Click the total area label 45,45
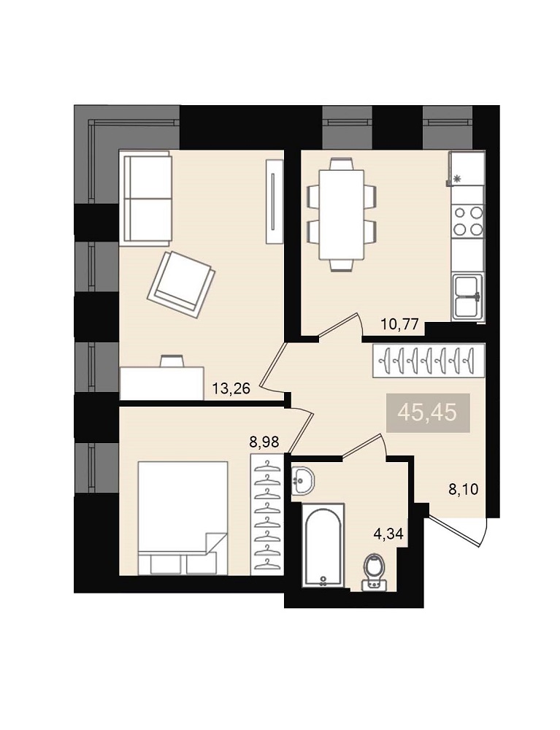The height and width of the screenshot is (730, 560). coord(429,413)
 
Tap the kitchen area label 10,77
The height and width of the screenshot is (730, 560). coord(400,323)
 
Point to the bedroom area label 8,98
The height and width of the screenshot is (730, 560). coord(264,442)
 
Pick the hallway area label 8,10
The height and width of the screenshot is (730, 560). coord(464,489)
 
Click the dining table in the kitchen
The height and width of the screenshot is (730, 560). coord(341,215)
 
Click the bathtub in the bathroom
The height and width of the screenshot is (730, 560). coord(323,545)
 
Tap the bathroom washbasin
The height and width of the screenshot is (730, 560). coord(302,480)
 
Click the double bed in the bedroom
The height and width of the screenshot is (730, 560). coord(183,518)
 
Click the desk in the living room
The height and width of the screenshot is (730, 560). coord(161,383)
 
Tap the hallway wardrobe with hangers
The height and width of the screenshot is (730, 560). coord(429,360)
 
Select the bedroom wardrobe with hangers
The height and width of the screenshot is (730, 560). coord(266,514)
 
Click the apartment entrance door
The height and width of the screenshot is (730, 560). coord(458,531)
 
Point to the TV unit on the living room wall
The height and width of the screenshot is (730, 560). coord(275,201)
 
